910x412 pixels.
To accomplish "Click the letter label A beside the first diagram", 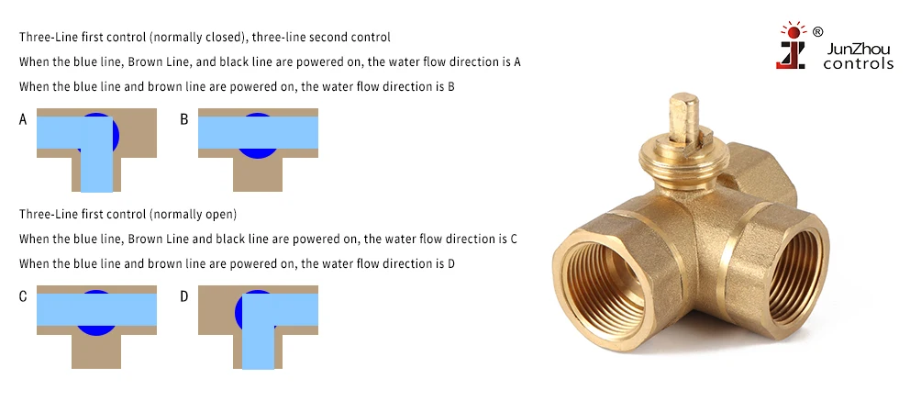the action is (23, 119).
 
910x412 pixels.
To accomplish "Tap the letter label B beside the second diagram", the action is (183, 119).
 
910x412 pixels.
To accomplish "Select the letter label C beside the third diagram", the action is (23, 296).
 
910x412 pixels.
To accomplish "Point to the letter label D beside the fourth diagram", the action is (183, 296).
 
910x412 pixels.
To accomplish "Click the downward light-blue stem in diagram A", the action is (96, 170).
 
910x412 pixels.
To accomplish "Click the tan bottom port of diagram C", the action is (96, 351).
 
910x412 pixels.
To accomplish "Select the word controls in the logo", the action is (858, 64).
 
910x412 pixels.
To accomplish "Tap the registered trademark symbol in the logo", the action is (817, 31).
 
